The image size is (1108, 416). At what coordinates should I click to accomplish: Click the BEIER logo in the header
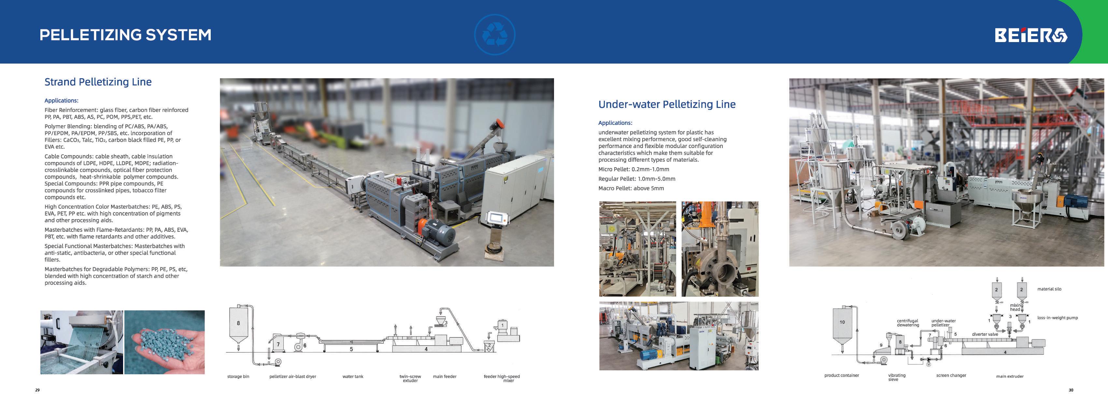tap(1030, 35)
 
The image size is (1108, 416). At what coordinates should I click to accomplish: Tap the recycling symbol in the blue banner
tap(495, 35)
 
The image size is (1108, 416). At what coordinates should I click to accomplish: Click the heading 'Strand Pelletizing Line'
tap(98, 82)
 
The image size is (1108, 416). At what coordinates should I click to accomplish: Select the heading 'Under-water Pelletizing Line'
tap(667, 104)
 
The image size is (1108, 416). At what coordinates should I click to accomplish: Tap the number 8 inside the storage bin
tap(238, 323)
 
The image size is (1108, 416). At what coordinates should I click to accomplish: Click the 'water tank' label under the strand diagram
tap(353, 376)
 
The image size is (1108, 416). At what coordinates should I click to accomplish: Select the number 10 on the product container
tap(842, 322)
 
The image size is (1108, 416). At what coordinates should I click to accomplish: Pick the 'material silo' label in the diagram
tap(1049, 289)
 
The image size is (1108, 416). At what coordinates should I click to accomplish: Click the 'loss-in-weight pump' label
tap(1057, 318)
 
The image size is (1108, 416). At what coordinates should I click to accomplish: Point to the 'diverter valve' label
tap(985, 334)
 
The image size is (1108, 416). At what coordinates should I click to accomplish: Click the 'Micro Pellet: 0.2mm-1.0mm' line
tap(633, 169)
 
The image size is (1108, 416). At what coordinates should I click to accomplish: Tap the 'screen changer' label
tap(951, 376)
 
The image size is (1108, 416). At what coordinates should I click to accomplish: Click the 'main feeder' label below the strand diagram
tap(444, 376)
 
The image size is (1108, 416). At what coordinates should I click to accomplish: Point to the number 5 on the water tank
tap(351, 349)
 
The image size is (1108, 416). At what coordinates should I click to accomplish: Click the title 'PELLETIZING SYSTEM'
tap(126, 35)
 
